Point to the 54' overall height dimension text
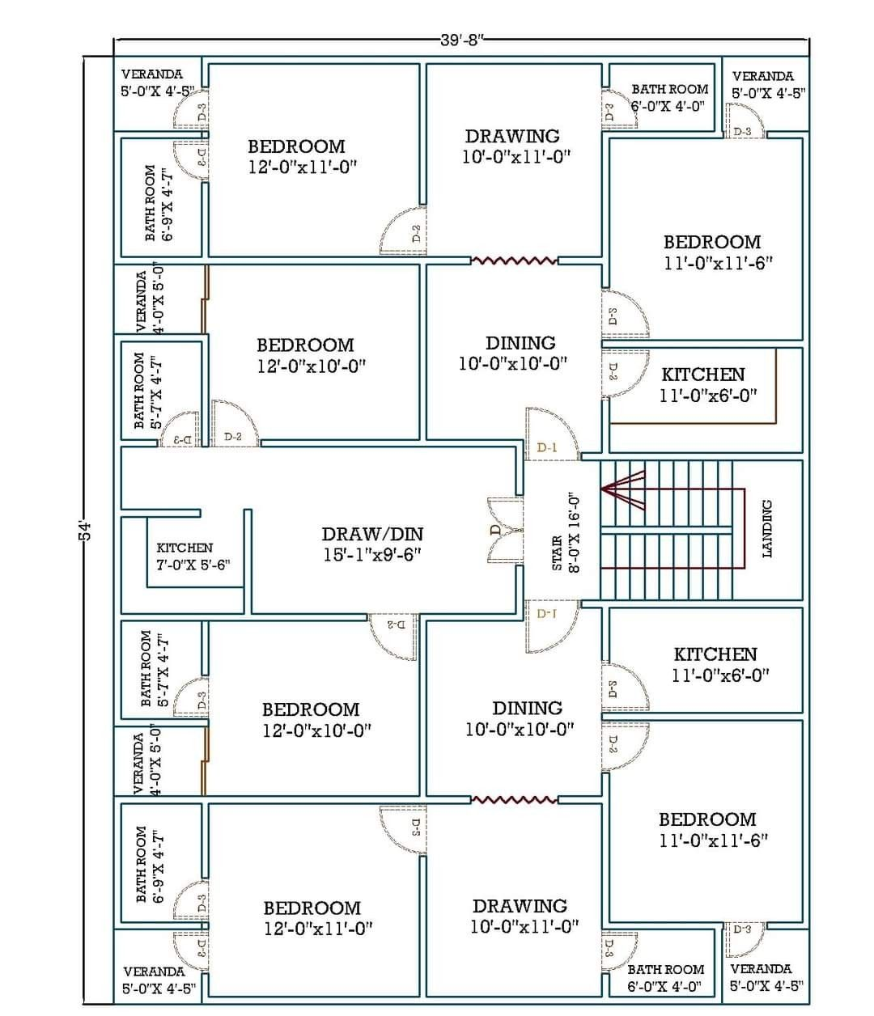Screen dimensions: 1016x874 (x=87, y=531)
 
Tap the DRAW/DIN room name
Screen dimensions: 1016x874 (x=371, y=534)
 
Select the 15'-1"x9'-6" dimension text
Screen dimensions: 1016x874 (x=371, y=554)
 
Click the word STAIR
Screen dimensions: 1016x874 (x=557, y=553)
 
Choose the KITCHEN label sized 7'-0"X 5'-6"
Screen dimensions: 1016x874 (x=185, y=548)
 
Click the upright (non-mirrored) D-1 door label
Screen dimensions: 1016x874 (x=548, y=447)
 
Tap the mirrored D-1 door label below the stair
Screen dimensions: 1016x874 (x=548, y=614)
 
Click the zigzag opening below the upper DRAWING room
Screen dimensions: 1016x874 (x=514, y=260)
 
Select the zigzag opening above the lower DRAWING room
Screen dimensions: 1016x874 (x=514, y=800)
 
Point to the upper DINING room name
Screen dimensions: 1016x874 (x=520, y=343)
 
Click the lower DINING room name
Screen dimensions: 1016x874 (x=527, y=709)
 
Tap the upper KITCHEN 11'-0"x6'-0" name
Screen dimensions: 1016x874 (x=702, y=375)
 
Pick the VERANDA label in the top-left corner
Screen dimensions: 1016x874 (x=152, y=74)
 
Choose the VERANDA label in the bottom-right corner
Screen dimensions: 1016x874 (x=761, y=968)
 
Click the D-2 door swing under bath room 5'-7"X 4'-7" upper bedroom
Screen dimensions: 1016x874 (x=235, y=423)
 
